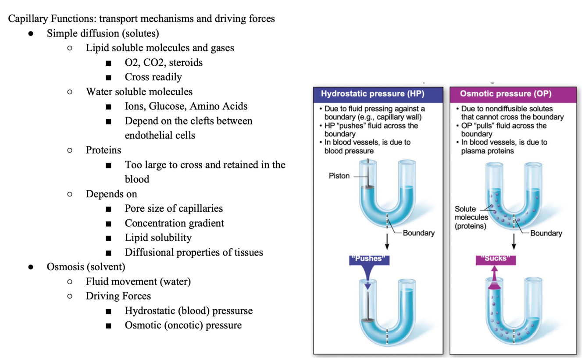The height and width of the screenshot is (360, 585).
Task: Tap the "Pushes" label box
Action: tap(368, 259)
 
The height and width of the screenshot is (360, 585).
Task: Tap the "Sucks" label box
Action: tap(496, 259)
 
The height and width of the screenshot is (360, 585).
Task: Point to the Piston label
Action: tap(339, 176)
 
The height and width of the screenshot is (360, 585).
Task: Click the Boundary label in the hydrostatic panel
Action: tap(419, 233)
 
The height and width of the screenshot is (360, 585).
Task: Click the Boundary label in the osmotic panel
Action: tap(546, 233)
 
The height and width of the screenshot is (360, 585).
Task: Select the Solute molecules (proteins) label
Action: tap(471, 217)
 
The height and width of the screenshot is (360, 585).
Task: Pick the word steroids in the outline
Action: tap(186, 62)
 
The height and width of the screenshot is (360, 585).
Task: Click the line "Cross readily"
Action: tap(153, 77)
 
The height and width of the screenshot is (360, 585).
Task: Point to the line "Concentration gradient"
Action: tap(174, 223)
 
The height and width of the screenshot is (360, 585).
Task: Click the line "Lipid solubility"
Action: tap(158, 238)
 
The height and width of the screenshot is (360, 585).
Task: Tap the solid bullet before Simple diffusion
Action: tap(31, 34)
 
